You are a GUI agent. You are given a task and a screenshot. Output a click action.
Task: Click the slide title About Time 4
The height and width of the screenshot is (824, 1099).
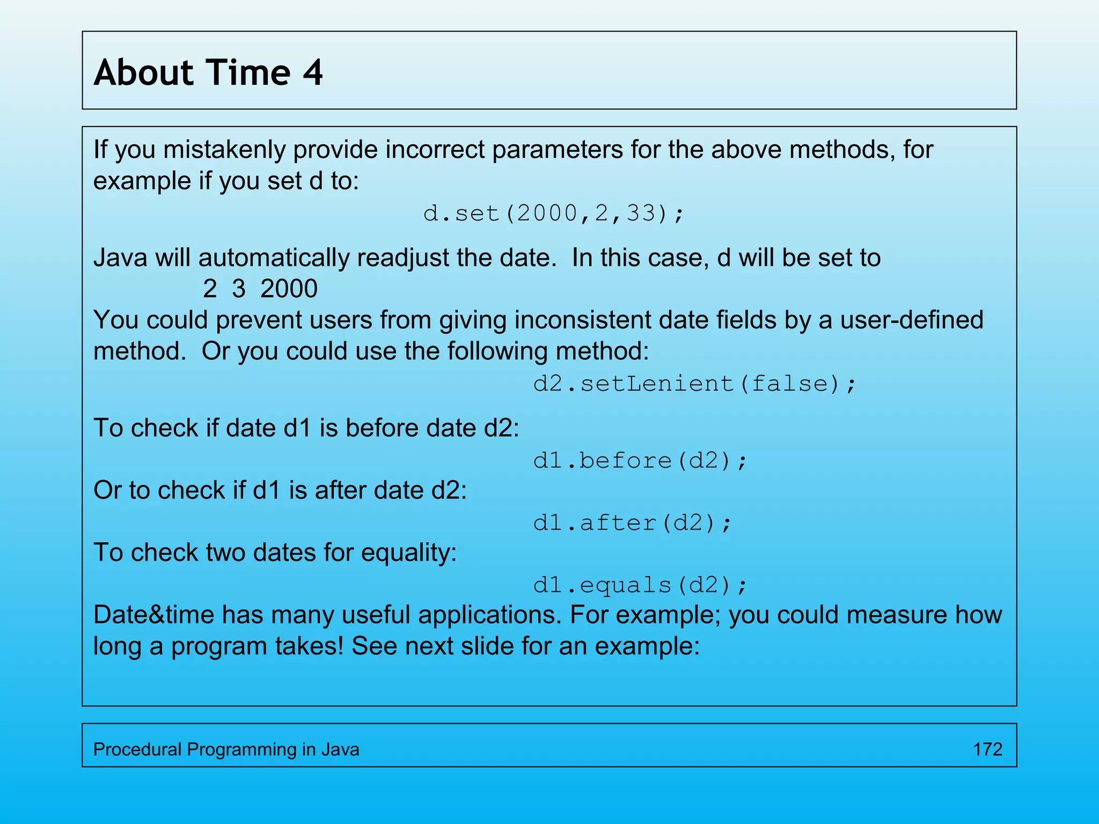(x=208, y=72)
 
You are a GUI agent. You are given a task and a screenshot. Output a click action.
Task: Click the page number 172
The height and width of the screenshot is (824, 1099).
(x=987, y=749)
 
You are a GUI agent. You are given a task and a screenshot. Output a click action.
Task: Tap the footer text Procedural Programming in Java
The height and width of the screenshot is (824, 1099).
(x=226, y=749)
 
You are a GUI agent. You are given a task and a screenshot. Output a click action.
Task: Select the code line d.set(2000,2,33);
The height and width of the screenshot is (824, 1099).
(x=554, y=214)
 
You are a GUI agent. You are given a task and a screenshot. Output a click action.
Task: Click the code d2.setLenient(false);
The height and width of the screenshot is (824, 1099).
(x=694, y=384)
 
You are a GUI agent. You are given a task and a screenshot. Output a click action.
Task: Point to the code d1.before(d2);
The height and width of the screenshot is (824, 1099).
(x=640, y=461)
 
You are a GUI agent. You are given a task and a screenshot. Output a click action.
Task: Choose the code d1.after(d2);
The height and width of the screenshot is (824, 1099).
(x=632, y=523)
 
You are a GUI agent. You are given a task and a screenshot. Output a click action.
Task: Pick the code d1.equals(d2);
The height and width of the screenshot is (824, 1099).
(x=640, y=585)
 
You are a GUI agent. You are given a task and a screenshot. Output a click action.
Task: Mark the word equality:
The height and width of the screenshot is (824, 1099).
(x=408, y=553)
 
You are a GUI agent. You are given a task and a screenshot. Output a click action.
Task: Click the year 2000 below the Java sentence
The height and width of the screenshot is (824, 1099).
(x=289, y=289)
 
